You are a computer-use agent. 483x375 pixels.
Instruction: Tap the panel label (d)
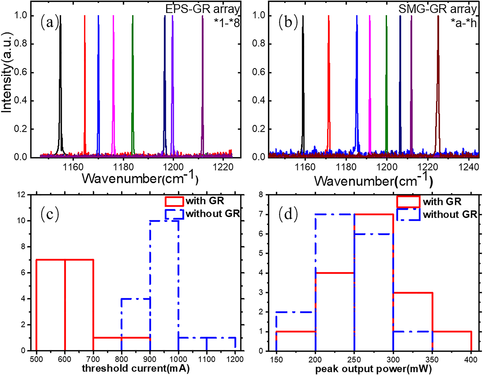point(288,214)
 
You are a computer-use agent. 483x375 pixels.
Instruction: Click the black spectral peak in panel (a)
point(61,81)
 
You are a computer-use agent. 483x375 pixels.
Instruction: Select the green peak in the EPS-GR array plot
point(133,81)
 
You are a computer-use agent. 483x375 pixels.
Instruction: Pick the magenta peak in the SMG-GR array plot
point(370,81)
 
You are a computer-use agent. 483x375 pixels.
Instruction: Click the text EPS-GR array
point(202,9)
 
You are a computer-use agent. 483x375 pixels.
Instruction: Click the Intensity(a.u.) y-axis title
point(7,73)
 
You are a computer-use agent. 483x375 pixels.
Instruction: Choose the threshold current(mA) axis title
point(136,368)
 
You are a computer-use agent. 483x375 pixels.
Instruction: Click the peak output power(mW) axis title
point(373,369)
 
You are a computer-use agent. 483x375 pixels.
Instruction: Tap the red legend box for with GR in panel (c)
point(174,201)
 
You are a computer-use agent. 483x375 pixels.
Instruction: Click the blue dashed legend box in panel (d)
point(408,214)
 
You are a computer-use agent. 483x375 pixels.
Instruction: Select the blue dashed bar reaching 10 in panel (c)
point(164,285)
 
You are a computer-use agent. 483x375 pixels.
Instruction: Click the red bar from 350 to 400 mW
point(452,341)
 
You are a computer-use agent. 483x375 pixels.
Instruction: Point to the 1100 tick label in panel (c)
point(206,359)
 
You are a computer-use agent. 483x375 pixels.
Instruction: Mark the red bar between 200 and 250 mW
point(335,312)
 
